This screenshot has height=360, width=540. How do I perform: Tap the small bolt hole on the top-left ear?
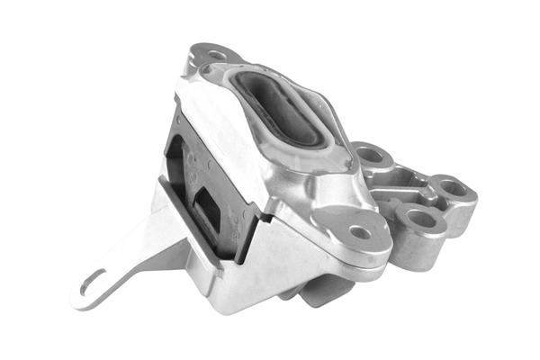(x=216, y=55)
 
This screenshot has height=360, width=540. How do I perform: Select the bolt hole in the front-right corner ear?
(x=360, y=232)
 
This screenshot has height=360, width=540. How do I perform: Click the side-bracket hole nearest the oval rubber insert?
(x=370, y=155)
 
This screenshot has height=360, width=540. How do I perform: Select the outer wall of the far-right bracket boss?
(x=463, y=211)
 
